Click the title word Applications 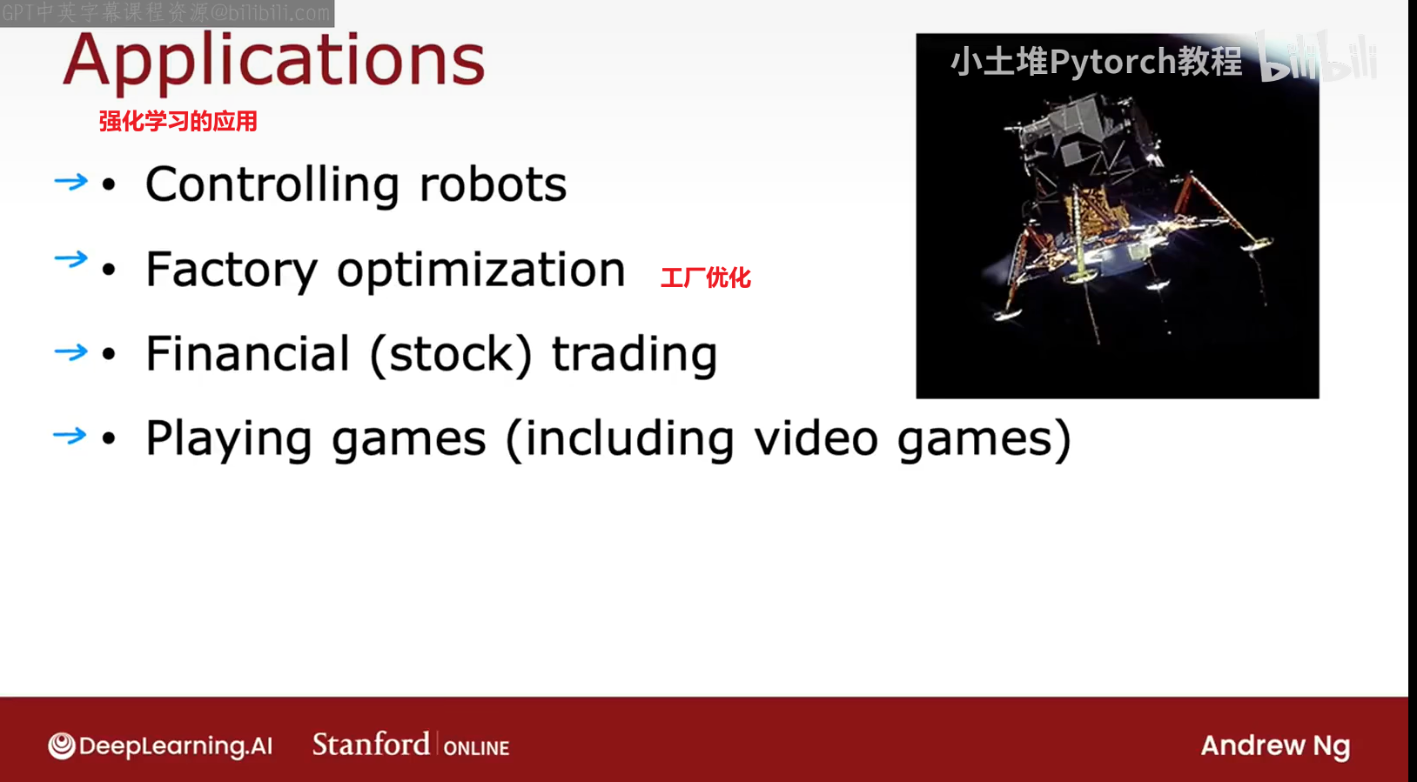pos(274,62)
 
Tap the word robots pos(493,184)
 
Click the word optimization pos(480,271)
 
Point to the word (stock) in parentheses pos(451,355)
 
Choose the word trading pos(635,355)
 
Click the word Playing pos(229,440)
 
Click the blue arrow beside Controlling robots pos(71,182)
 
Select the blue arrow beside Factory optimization pos(71,258)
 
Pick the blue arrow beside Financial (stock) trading pos(71,351)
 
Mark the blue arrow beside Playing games pos(71,435)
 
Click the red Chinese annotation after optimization pos(706,277)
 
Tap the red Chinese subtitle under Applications pos(178,122)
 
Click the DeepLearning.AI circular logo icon pos(62,746)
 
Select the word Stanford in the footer pos(371,744)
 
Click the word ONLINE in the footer pos(476,748)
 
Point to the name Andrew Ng pos(1275,746)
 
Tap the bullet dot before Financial pos(109,354)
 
